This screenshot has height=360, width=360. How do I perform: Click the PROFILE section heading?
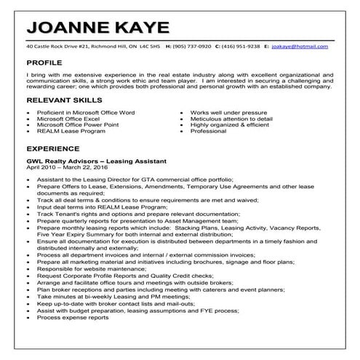coord(47,63)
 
